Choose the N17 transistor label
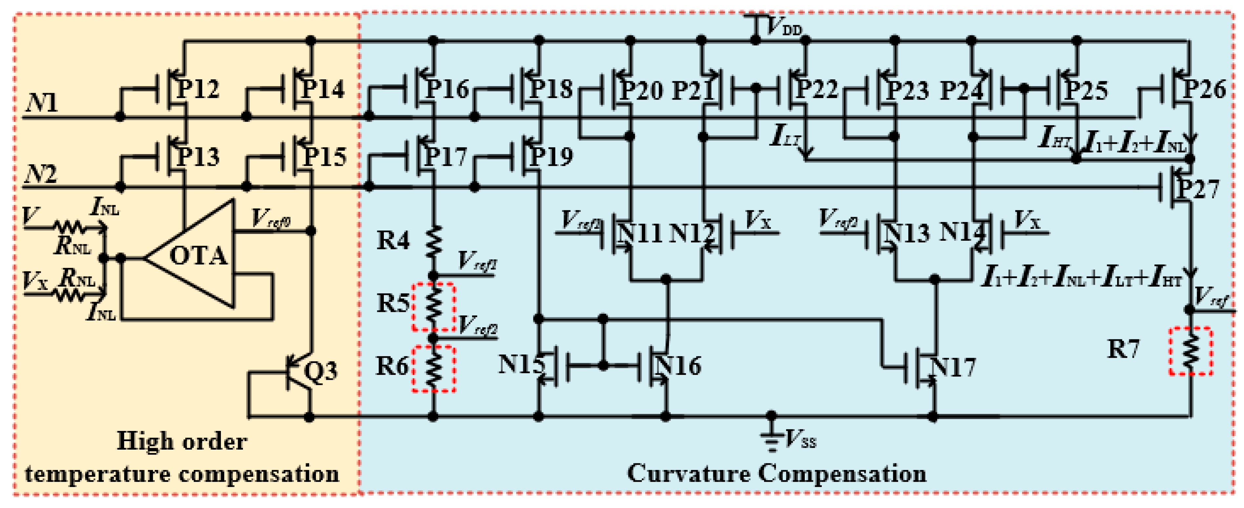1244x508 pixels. tap(952, 366)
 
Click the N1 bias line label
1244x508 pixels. tap(41, 102)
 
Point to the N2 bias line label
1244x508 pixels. tap(41, 174)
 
